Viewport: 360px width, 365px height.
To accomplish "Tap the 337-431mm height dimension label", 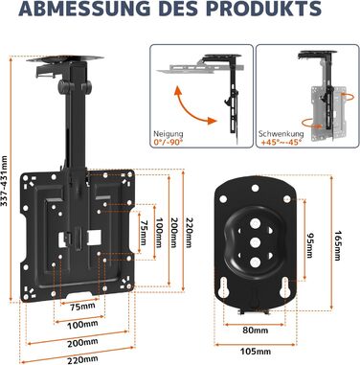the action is point(5,181).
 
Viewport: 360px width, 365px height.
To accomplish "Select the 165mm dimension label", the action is point(338,245).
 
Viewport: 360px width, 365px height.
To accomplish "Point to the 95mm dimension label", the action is point(310,245).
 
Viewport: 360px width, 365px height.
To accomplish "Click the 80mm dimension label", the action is point(256,330).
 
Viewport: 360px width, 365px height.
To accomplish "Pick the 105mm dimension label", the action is point(256,352).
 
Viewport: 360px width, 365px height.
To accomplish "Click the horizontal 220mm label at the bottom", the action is point(82,359).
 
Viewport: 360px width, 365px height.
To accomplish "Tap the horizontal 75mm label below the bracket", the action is point(82,306).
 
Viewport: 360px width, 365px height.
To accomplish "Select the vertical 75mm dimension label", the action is point(145,233).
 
